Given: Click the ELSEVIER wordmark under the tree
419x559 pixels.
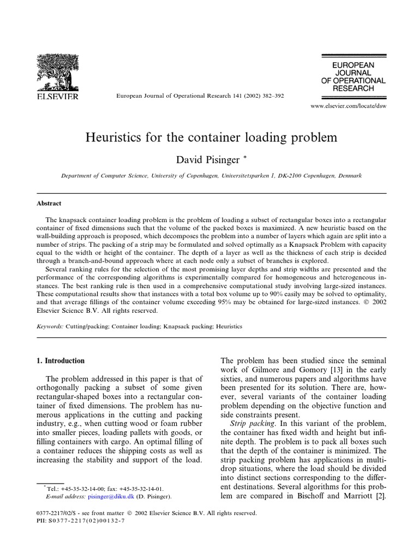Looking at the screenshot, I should coord(57,96).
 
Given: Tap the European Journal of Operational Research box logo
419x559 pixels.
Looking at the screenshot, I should coord(353,76).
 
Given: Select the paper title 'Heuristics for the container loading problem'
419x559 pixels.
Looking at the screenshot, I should coord(211,137).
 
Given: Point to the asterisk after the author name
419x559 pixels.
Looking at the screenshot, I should coord(246,157).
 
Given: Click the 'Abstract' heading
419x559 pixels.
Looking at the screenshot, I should coord(49,203).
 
